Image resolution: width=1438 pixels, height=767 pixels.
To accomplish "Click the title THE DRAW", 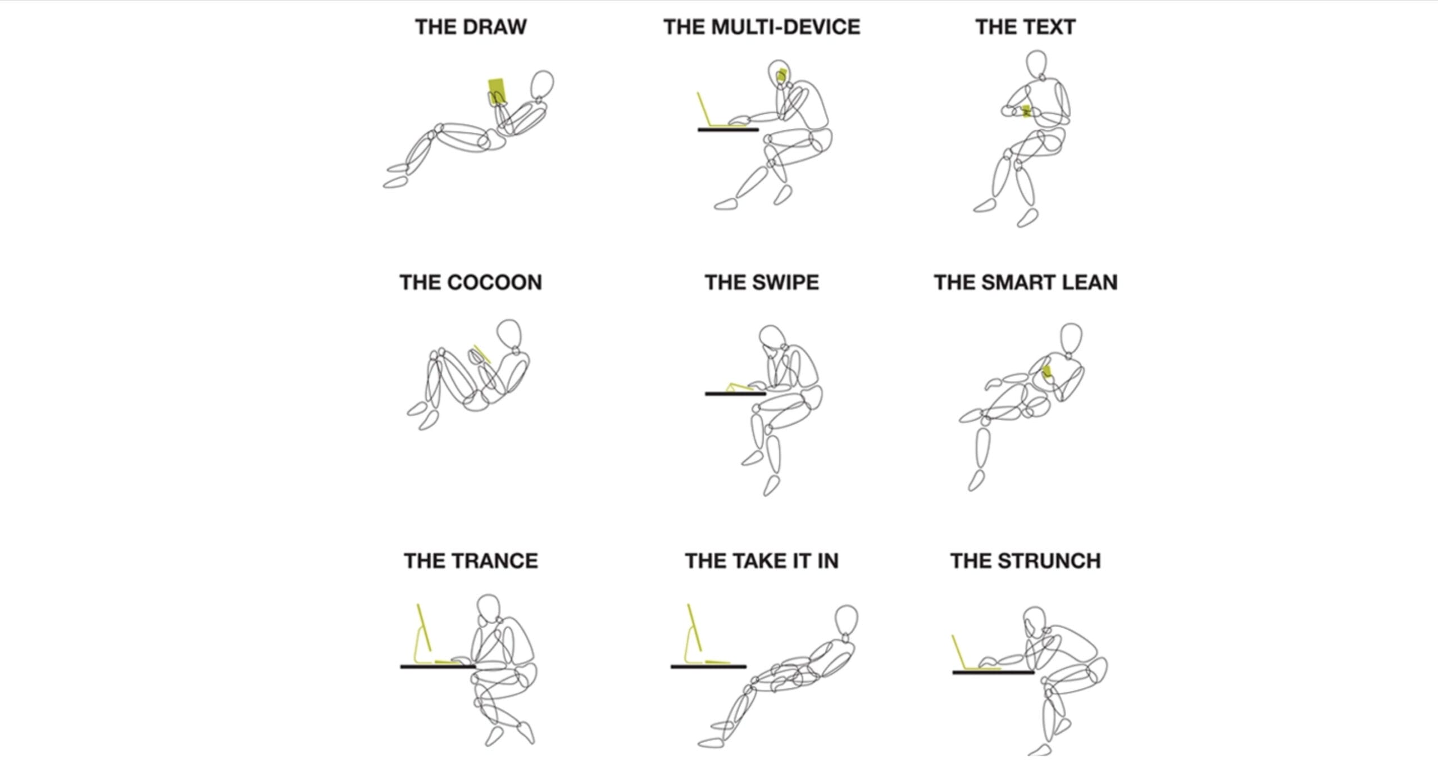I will click(471, 27).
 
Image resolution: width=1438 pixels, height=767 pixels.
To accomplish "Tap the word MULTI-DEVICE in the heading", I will click(785, 27).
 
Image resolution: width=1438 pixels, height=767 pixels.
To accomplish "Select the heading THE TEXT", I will click(1025, 27).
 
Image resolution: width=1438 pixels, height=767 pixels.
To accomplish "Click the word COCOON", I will click(494, 282).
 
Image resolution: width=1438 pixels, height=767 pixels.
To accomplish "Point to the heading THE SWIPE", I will click(762, 282).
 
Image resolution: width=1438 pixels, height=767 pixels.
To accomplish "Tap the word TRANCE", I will click(494, 561).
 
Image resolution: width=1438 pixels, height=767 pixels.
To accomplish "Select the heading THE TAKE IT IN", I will click(762, 561).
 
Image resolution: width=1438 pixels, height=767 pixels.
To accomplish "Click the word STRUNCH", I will click(1049, 561).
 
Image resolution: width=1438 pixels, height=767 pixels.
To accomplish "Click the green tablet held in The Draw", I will click(497, 90).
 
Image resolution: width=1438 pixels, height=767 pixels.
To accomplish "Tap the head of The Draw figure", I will click(542, 84).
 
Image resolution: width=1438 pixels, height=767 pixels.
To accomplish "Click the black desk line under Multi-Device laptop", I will click(728, 130).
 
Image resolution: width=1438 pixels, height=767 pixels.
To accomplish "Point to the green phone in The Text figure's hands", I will click(1026, 111).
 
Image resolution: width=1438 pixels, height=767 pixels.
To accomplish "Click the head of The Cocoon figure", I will click(509, 334).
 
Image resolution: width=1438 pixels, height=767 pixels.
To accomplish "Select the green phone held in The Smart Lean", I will click(1047, 371).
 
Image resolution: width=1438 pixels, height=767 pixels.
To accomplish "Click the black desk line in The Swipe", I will click(735, 394).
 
